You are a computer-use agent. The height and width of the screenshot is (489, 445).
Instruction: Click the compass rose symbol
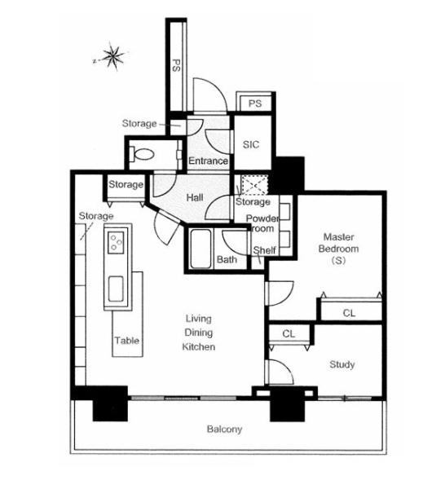pyautogui.click(x=113, y=56)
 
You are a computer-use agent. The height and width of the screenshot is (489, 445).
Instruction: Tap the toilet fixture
pyautogui.click(x=142, y=154)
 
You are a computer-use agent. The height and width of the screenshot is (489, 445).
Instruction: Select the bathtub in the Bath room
pyautogui.click(x=200, y=249)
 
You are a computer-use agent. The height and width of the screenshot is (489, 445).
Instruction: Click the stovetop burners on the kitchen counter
pyautogui.click(x=116, y=242)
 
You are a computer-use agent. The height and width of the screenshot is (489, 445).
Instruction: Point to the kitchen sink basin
pyautogui.click(x=116, y=289)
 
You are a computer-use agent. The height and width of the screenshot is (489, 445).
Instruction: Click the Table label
pyautogui.click(x=126, y=340)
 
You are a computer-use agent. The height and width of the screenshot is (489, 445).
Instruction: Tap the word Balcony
pyautogui.click(x=224, y=430)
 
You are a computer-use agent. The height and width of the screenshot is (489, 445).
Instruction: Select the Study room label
pyautogui.click(x=342, y=364)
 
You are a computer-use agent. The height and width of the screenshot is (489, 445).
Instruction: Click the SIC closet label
pyautogui.click(x=251, y=144)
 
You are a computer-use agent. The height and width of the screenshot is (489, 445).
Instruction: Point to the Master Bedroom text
pyautogui.click(x=339, y=243)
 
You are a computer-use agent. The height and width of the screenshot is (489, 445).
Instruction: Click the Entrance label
pyautogui.click(x=208, y=161)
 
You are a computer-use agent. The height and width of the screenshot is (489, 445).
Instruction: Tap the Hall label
pyautogui.click(x=195, y=197)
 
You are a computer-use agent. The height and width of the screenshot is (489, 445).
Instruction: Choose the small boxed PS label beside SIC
pyautogui.click(x=255, y=104)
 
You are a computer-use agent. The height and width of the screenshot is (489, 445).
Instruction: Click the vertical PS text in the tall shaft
pyautogui.click(x=176, y=65)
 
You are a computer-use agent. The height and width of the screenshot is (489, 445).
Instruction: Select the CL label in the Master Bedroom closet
pyautogui.click(x=349, y=313)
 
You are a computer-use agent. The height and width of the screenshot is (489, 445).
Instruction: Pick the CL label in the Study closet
pyautogui.click(x=289, y=333)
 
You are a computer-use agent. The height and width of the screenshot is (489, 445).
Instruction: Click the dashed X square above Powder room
pyautogui.click(x=255, y=185)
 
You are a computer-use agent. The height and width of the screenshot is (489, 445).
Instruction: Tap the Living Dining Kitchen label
pyautogui.click(x=199, y=333)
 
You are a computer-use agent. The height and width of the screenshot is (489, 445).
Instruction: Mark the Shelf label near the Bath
pyautogui.click(x=264, y=250)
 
